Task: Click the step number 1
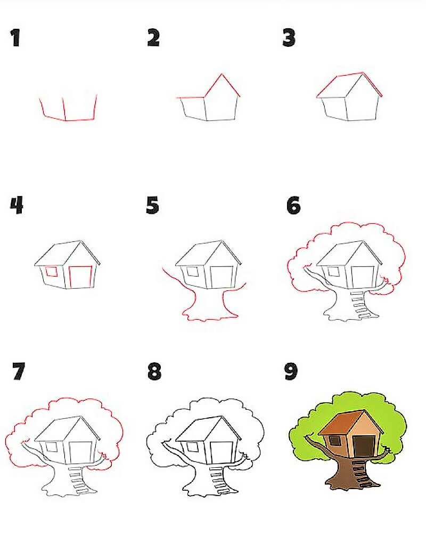pos(15,38)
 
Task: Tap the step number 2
pos(153,38)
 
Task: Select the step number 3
pos(289,38)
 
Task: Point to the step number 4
pos(17,205)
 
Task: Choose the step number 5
pos(152,205)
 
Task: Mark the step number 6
pos(293,205)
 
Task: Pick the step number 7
pos(19,371)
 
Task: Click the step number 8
pos(154,371)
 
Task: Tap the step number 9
pos(291,371)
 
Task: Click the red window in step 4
pos(52,271)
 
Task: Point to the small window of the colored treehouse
pos(334,441)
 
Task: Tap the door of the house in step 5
pos(222,277)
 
